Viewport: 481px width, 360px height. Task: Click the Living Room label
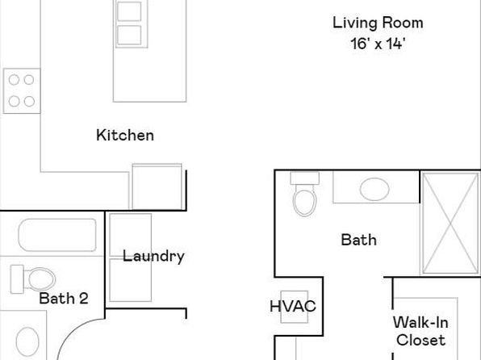tap(378, 23)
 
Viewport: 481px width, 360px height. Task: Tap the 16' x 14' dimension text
tap(378, 44)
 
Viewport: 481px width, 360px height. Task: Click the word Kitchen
tap(125, 136)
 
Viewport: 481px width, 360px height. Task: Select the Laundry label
tap(153, 257)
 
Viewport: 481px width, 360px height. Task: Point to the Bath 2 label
tap(64, 299)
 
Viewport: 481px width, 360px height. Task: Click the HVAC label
tap(293, 306)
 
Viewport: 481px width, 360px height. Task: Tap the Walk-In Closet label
tap(420, 332)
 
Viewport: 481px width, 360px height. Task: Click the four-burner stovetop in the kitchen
tap(22, 90)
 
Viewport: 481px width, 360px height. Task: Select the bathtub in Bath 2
tap(57, 235)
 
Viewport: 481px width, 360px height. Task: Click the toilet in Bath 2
tap(33, 279)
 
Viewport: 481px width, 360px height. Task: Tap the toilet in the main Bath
tap(304, 194)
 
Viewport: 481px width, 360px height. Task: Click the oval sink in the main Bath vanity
tap(374, 189)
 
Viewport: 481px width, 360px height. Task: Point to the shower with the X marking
tap(450, 223)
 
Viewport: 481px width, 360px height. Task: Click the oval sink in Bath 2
tap(27, 342)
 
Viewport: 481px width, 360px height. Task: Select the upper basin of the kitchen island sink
tap(129, 11)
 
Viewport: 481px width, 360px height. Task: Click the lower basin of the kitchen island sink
tap(129, 35)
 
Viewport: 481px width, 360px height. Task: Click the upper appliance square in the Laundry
tap(131, 235)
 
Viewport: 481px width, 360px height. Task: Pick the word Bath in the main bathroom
tap(359, 240)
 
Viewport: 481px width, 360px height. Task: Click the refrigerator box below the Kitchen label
tap(157, 186)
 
